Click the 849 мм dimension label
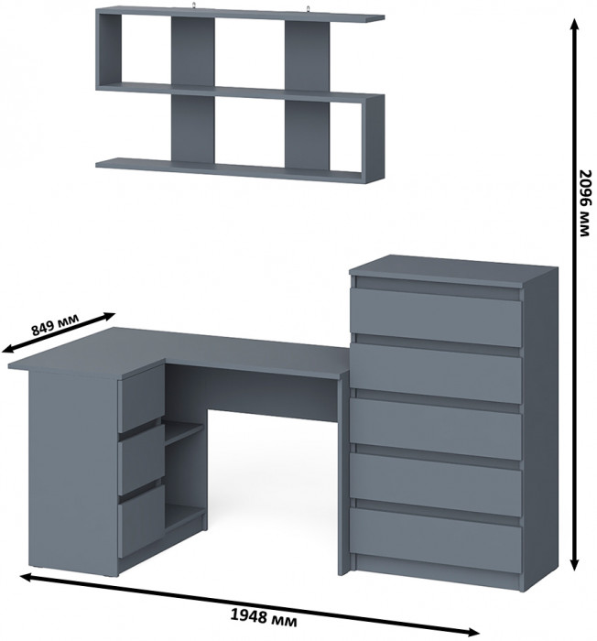[55, 324]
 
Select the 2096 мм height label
[585, 202]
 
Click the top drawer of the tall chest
[436, 317]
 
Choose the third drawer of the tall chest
[436, 429]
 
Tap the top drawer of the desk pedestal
[141, 397]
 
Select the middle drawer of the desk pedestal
[141, 459]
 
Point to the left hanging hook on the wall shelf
[195, 5]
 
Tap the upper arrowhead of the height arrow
[574, 26]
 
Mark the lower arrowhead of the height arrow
[574, 563]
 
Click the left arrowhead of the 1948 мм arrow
[27, 577]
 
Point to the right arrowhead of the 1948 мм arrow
[472, 633]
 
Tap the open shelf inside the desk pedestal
[184, 431]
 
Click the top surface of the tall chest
[454, 269]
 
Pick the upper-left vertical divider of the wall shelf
[192, 52]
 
